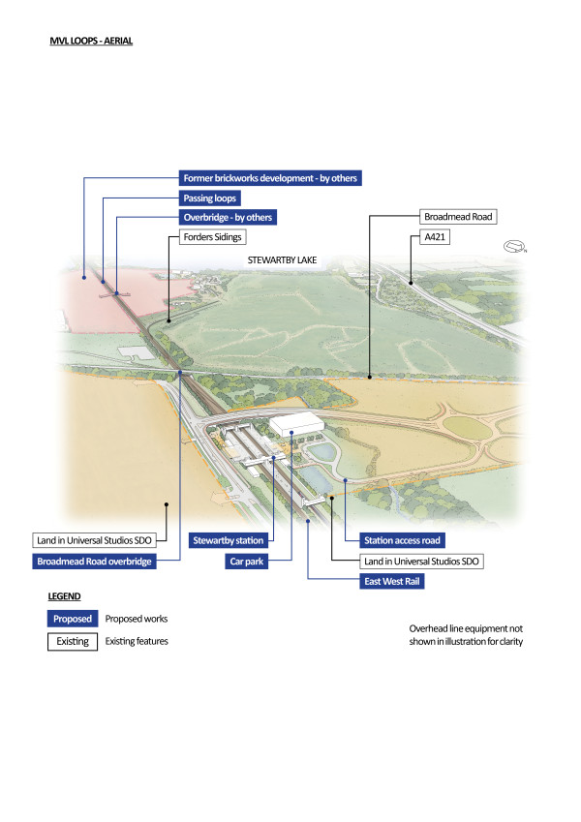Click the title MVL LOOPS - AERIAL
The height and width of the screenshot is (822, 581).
coord(91,42)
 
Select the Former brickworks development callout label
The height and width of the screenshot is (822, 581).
coord(270,178)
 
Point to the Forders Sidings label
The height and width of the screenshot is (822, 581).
coord(212,236)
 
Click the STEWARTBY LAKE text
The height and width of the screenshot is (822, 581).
coord(283,260)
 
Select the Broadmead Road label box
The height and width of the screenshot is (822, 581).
coord(460,217)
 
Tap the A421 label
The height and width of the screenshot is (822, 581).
coord(437,236)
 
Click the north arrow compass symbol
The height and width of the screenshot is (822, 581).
coord(515,248)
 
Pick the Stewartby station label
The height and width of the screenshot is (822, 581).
coord(228,540)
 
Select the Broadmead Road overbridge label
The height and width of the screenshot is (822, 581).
coord(94,561)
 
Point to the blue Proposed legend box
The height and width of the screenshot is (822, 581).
coord(73,619)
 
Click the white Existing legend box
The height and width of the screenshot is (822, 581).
coord(73,641)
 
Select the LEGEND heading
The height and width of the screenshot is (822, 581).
coord(64,596)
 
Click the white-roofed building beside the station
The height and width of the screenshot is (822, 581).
coord(295,424)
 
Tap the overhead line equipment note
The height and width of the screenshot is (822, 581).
coord(466,634)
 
